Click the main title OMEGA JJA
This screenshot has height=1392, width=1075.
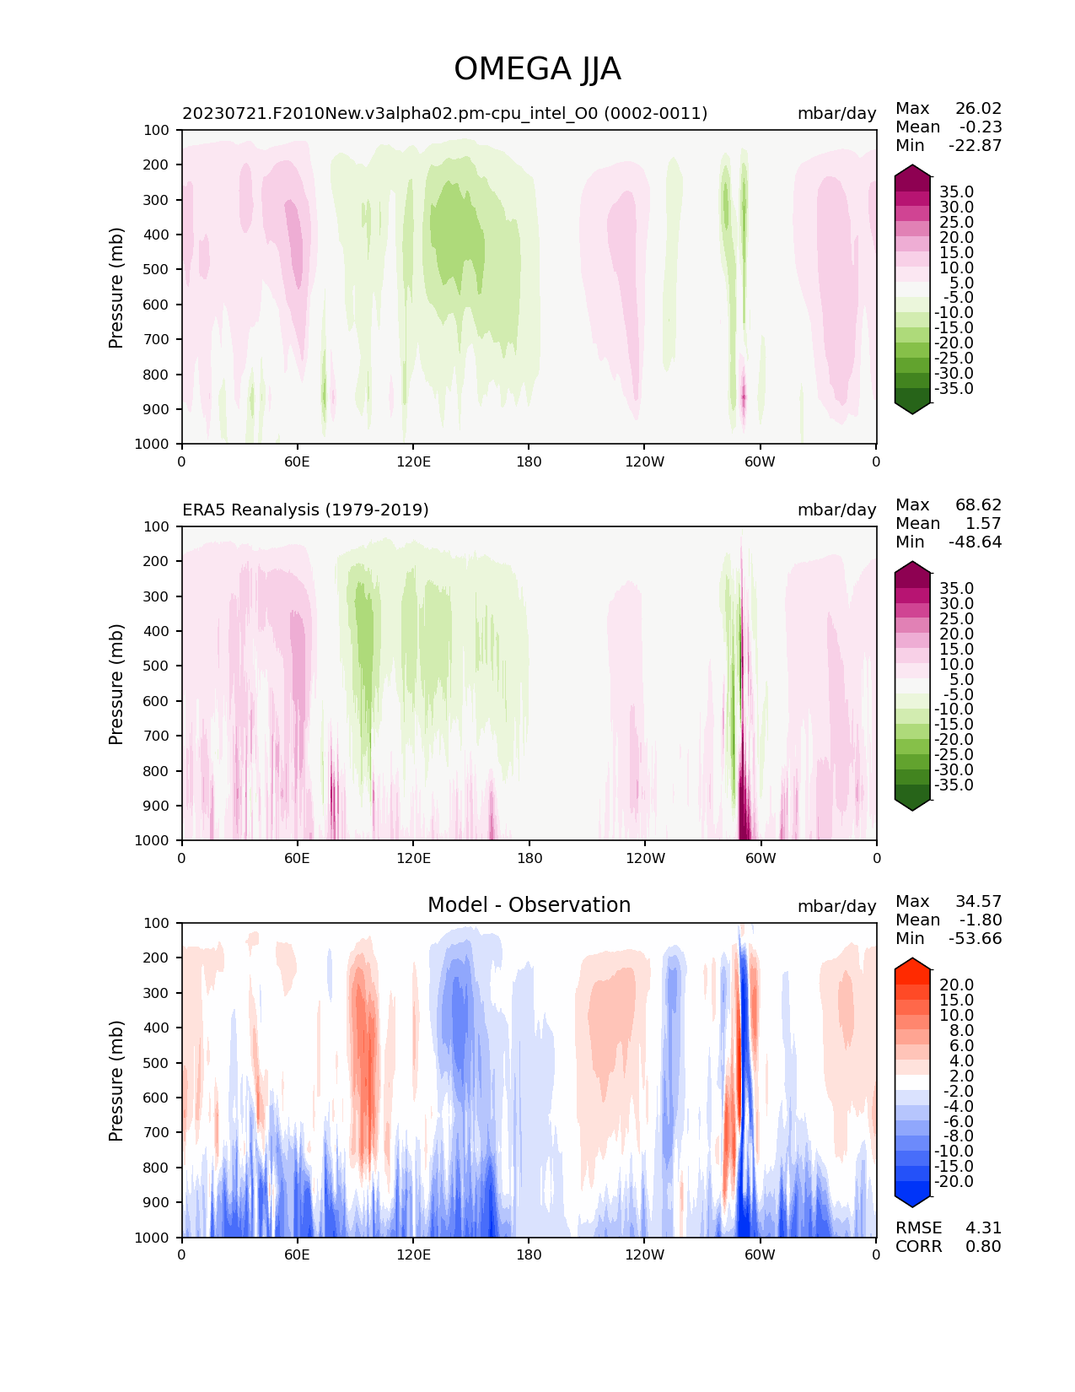537,69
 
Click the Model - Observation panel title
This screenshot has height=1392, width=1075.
529,905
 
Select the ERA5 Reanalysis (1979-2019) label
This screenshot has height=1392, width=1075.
305,510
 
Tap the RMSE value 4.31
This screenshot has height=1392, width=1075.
983,1228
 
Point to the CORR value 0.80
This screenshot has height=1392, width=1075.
983,1247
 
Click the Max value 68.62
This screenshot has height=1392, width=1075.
978,505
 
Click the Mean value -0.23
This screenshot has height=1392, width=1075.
981,127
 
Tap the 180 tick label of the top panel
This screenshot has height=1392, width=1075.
529,461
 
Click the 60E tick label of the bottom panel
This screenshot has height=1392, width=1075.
297,1254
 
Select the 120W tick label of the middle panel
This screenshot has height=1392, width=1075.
645,858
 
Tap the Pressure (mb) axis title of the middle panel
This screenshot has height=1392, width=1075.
116,684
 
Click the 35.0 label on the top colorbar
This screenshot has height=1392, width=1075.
956,192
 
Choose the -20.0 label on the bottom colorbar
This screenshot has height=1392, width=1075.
954,1182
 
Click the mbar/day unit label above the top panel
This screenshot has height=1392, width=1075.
836,114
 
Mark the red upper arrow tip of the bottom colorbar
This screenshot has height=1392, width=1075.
912,963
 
